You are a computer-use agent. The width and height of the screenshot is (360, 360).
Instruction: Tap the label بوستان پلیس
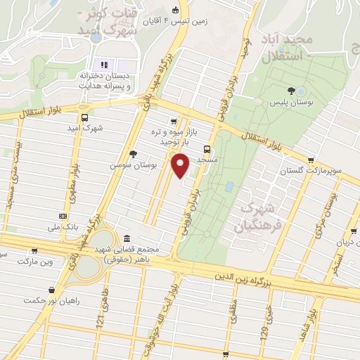pos(291,103)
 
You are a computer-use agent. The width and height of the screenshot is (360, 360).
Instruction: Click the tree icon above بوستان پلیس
pos(291,90)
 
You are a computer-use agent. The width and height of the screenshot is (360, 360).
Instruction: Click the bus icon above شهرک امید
pos(85,118)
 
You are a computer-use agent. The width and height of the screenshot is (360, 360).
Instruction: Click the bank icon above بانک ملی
pos(63,216)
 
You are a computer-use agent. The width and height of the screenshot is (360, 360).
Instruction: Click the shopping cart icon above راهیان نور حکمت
pos(51,289)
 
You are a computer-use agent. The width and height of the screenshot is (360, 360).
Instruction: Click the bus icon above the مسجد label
pos(207,149)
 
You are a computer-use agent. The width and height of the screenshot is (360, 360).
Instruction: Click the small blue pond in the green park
pos(230,187)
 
